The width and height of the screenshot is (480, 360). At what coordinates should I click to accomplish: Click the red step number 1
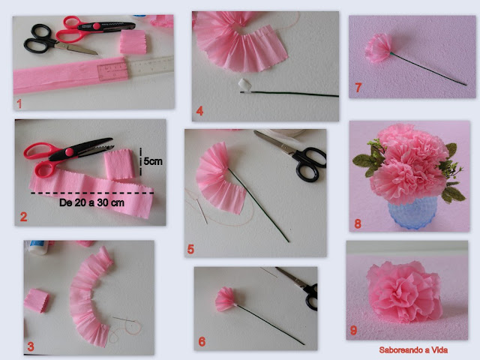(x=19, y=103)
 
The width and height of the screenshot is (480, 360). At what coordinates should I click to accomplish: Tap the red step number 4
(x=199, y=111)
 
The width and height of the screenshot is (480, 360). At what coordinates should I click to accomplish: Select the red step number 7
(x=358, y=88)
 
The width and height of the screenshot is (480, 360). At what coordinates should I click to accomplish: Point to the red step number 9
(x=353, y=330)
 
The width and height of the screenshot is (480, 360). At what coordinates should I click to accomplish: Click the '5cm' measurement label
(x=153, y=161)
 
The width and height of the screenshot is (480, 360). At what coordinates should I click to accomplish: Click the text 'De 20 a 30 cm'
(x=91, y=202)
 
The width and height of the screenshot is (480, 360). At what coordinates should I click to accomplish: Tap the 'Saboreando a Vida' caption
(x=413, y=350)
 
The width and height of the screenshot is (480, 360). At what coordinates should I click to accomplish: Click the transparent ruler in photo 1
(x=136, y=67)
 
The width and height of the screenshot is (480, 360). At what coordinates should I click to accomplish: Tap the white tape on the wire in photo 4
(x=245, y=85)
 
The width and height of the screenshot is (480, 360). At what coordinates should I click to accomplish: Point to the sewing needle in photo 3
(x=124, y=319)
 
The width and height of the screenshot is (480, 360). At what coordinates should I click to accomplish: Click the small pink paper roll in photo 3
(x=37, y=301)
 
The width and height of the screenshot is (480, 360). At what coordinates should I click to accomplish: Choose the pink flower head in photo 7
(x=378, y=48)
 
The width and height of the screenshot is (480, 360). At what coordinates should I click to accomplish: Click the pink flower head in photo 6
(x=226, y=298)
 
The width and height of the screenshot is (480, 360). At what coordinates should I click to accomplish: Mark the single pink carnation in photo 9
(x=405, y=292)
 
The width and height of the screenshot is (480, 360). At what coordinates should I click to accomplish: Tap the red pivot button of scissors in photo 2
(x=70, y=151)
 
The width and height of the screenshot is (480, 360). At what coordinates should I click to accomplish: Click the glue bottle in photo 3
(x=39, y=247)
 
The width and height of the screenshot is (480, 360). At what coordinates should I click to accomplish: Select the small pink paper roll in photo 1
(x=133, y=42)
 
